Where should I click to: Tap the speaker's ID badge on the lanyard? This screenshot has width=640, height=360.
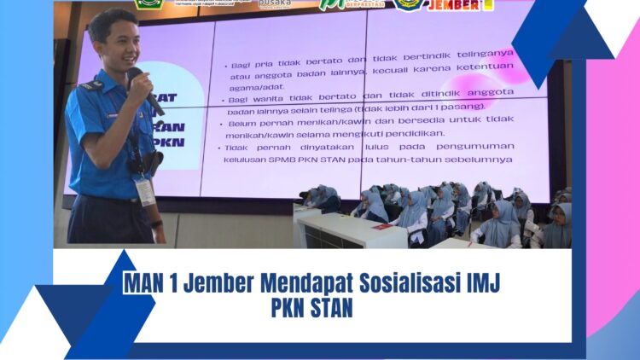coord(146,189)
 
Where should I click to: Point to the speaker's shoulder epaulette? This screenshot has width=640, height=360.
coord(90,84)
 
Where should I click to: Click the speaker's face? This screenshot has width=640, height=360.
coord(116,48)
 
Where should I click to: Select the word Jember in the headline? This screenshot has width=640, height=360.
coord(208,283)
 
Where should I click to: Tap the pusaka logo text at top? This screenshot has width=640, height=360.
coord(275,3)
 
